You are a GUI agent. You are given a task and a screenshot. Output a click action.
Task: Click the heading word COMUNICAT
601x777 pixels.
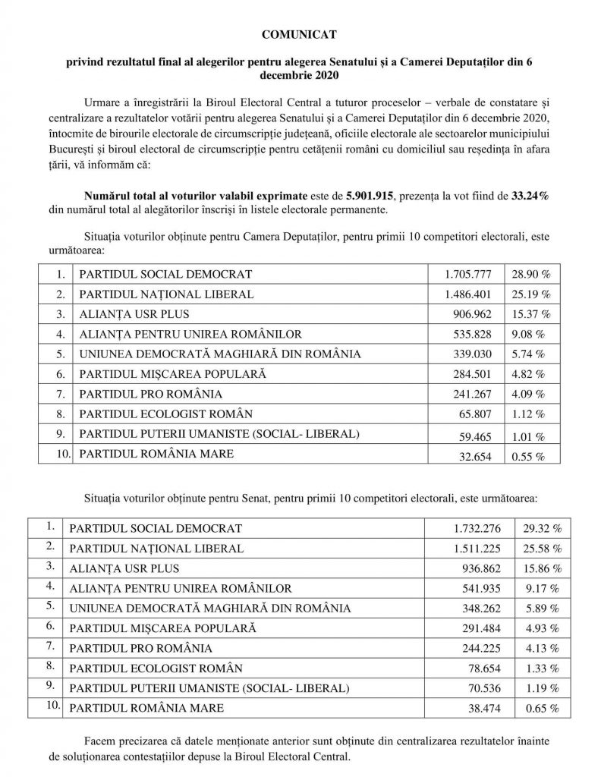click(300, 35)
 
